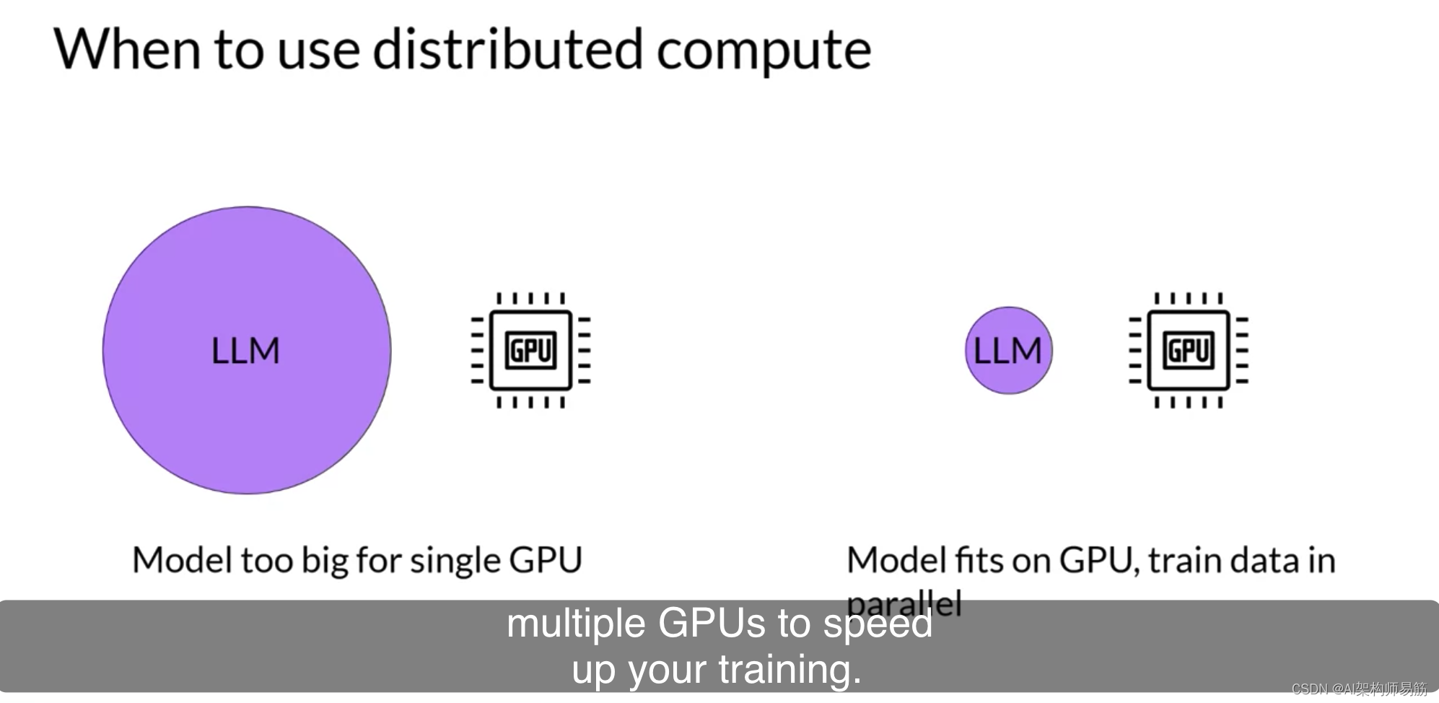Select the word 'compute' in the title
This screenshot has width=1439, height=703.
point(764,52)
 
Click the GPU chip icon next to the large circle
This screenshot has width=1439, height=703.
point(530,351)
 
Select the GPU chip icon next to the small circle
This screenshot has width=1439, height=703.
point(1188,351)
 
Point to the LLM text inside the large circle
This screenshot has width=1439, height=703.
point(245,351)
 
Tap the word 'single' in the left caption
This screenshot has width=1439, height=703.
point(455,562)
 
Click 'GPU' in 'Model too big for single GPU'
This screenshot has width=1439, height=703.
point(546,560)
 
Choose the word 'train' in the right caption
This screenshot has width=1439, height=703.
point(1184,560)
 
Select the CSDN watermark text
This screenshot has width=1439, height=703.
point(1359,689)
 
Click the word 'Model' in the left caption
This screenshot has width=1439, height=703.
point(182,560)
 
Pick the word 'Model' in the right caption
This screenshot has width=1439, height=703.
point(896,560)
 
